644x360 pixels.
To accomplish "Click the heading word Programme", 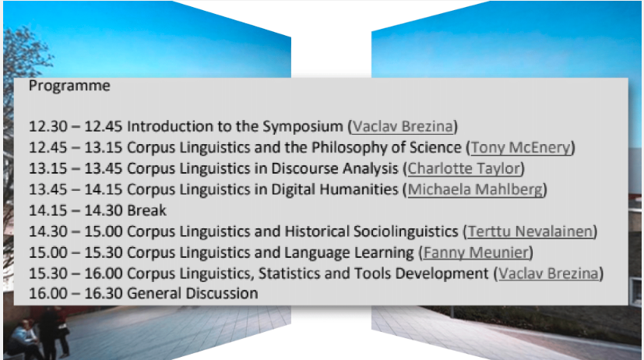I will point(69,86).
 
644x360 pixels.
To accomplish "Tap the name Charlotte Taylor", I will point(465,168).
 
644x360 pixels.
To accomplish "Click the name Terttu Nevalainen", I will point(530,231).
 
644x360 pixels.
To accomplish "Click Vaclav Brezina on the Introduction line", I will point(403,126).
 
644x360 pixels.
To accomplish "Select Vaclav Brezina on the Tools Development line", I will point(549,274).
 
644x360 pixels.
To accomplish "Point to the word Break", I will point(147,210).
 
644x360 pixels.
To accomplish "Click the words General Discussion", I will point(192,294).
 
